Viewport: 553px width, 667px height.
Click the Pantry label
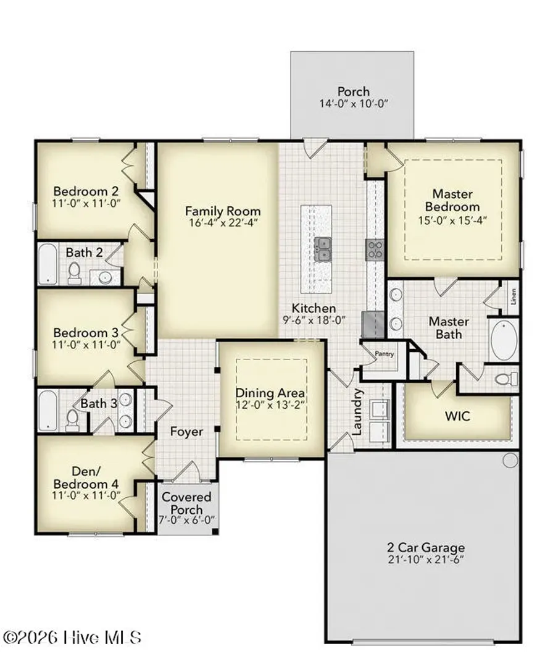click(385, 353)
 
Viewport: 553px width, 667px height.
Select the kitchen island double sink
click(323, 250)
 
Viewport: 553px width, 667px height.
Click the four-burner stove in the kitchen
click(375, 250)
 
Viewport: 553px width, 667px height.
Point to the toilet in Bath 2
click(75, 273)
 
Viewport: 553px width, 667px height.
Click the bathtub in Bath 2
click(47, 263)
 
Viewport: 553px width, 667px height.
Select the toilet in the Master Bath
click(507, 378)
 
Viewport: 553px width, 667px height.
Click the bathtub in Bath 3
click(47, 410)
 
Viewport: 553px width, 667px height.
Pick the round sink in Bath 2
click(105, 278)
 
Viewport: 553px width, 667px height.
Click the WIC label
click(457, 416)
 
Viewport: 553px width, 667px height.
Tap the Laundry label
click(357, 411)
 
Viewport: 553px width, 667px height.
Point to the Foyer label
click(186, 431)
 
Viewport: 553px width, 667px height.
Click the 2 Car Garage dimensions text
click(426, 560)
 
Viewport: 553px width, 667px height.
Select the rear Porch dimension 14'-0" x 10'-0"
click(354, 103)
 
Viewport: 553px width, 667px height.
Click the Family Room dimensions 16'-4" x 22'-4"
click(223, 222)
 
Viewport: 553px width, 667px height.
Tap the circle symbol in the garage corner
click(510, 460)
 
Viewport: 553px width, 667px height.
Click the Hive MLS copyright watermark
click(72, 637)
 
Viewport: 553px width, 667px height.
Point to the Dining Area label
click(270, 393)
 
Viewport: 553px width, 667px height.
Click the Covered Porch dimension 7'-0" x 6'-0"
click(186, 520)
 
